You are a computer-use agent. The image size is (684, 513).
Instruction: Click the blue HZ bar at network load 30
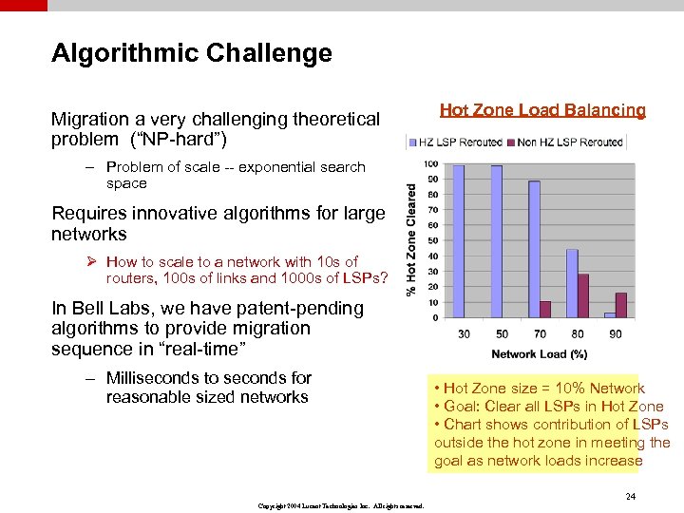pos(459,241)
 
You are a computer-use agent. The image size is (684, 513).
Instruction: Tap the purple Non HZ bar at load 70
pos(545,310)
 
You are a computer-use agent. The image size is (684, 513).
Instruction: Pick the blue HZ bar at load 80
pos(572,283)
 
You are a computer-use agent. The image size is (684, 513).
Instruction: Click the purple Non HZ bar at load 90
pos(621,305)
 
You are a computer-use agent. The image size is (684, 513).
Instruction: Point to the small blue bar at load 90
pos(609,314)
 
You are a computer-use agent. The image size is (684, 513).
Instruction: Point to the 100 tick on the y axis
pos(405,164)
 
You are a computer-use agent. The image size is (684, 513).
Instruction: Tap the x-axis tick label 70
pos(539,333)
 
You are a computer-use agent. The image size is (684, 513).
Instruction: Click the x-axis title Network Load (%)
pos(539,354)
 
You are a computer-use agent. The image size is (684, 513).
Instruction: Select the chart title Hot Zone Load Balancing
pos(542,110)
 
